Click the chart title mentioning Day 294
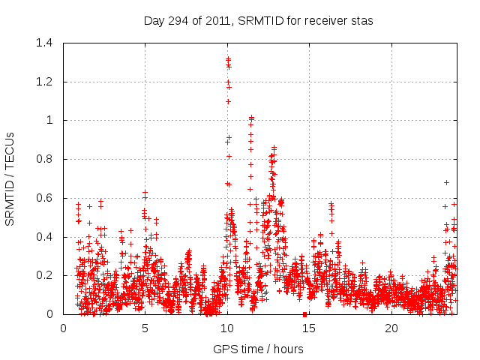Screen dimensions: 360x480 tap(259, 21)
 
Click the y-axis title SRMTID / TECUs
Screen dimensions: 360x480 tap(10, 178)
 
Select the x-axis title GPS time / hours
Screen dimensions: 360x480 tap(259, 349)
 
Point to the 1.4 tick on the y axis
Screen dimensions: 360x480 tap(47, 43)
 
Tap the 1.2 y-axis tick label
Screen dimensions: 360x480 tap(47, 82)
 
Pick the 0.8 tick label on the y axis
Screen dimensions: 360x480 tap(47, 159)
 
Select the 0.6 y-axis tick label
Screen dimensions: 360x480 tap(47, 198)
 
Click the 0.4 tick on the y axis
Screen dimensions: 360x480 tap(47, 237)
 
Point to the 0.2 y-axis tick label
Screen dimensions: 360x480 tap(47, 276)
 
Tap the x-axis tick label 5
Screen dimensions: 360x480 tap(145, 328)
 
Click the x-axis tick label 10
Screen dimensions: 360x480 tap(227, 328)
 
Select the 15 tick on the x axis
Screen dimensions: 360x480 tap(310, 328)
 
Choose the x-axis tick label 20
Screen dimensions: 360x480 tap(391, 328)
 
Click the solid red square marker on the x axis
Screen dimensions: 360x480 tap(304, 314)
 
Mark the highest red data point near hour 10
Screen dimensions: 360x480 tap(228, 58)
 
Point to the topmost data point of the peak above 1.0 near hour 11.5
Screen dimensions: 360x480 tap(252, 117)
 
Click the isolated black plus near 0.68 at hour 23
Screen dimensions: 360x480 tap(446, 182)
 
